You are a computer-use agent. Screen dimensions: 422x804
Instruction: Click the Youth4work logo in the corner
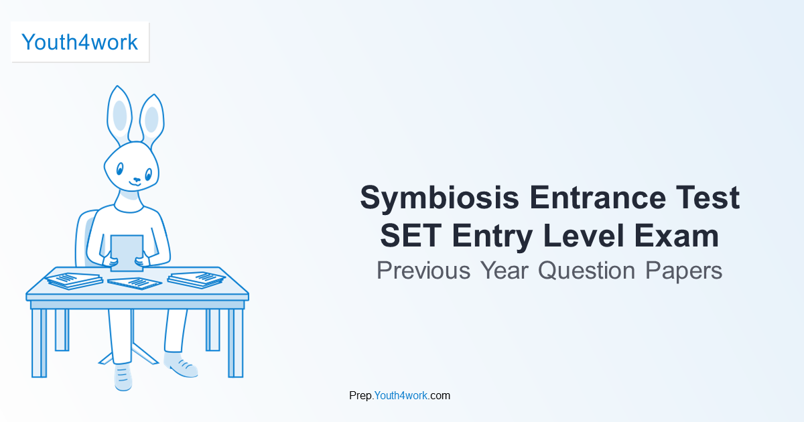(80, 42)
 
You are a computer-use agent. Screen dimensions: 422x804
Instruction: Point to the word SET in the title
(409, 236)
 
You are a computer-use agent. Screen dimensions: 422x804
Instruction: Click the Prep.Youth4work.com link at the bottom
(400, 395)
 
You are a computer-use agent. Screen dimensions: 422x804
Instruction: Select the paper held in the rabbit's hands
(127, 253)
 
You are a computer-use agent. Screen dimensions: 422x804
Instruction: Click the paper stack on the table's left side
(73, 279)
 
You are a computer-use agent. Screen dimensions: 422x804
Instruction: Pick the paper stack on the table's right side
(196, 279)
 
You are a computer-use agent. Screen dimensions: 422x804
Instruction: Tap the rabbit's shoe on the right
(181, 366)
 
